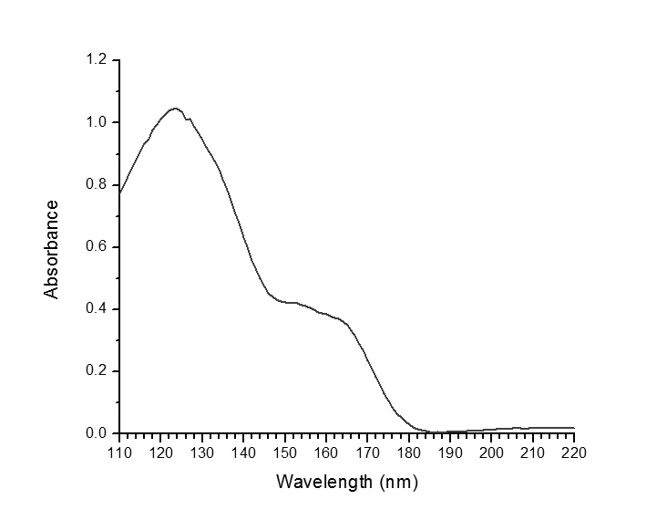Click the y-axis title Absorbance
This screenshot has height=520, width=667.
[x=52, y=248]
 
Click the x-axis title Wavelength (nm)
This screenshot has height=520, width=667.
[x=346, y=481]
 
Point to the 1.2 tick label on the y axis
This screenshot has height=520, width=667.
[x=96, y=60]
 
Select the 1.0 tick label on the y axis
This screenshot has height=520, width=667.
[x=96, y=122]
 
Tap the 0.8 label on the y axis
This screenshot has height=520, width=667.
[x=96, y=184]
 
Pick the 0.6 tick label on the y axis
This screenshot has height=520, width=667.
[x=96, y=246]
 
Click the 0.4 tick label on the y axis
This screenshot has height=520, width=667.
[x=96, y=308]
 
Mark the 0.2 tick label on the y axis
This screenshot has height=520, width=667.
[x=96, y=371]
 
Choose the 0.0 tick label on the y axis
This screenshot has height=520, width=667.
[x=96, y=433]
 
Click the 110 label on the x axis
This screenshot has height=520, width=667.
[x=119, y=452]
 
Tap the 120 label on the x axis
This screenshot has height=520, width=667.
[x=160, y=452]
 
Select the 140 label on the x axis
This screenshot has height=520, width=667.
[x=243, y=452]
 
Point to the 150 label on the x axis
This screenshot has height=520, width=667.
[x=284, y=452]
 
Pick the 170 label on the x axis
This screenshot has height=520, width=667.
[x=367, y=452]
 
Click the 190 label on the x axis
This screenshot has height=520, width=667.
[x=450, y=452]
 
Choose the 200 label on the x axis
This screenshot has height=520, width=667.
[x=491, y=452]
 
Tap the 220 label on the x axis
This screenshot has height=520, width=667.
[x=574, y=452]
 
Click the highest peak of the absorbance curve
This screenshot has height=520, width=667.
[x=174, y=108]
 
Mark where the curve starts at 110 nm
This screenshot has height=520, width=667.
[x=119, y=193]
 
